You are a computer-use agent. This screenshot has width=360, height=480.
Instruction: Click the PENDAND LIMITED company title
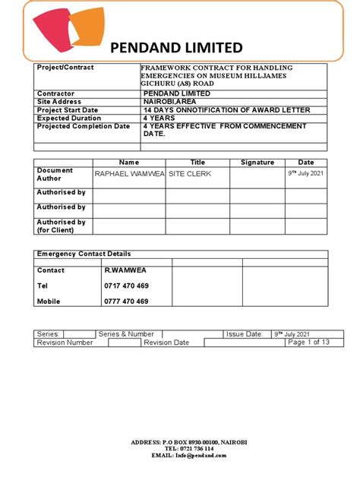tap(176, 47)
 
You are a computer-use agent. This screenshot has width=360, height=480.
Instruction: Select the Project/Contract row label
tap(65, 68)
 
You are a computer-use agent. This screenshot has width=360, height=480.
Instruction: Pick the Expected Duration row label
tap(69, 118)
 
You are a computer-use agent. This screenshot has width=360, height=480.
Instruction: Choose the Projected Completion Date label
tap(84, 126)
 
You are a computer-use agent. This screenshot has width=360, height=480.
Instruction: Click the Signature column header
tap(257, 163)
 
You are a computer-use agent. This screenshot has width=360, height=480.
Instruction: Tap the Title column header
tap(197, 163)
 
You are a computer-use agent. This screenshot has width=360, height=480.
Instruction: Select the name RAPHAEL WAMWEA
tap(128, 174)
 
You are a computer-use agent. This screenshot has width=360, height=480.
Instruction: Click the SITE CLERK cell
tap(190, 174)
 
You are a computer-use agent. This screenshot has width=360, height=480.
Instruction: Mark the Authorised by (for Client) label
tap(62, 226)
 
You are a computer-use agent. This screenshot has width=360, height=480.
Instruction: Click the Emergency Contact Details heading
tap(84, 254)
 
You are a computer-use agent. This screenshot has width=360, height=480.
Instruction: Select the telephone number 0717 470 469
tap(126, 286)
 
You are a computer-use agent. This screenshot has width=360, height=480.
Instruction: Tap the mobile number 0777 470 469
tap(126, 302)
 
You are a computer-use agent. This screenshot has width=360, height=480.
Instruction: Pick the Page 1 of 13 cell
tap(308, 343)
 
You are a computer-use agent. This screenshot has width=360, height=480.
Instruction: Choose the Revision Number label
tap(65, 343)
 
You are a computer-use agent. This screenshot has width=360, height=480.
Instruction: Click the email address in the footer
tap(179, 455)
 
